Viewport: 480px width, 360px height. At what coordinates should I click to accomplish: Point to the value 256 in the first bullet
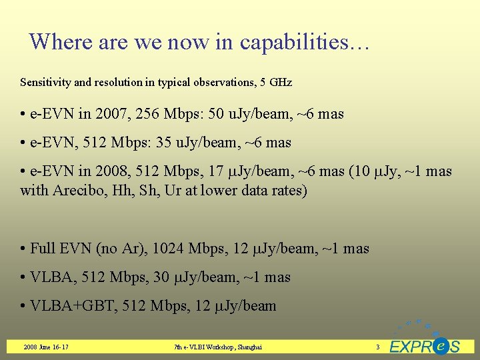(148, 114)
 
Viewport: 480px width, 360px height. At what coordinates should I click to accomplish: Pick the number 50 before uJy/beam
(217, 114)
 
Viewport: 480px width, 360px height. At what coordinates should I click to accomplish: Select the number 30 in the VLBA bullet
(161, 277)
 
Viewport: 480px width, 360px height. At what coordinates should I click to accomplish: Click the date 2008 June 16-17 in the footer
(46, 347)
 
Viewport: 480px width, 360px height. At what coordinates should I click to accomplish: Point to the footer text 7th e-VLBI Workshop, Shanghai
(217, 347)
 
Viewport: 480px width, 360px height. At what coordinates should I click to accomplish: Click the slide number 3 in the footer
(377, 347)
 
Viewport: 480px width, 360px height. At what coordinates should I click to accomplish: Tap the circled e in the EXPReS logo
(439, 346)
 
